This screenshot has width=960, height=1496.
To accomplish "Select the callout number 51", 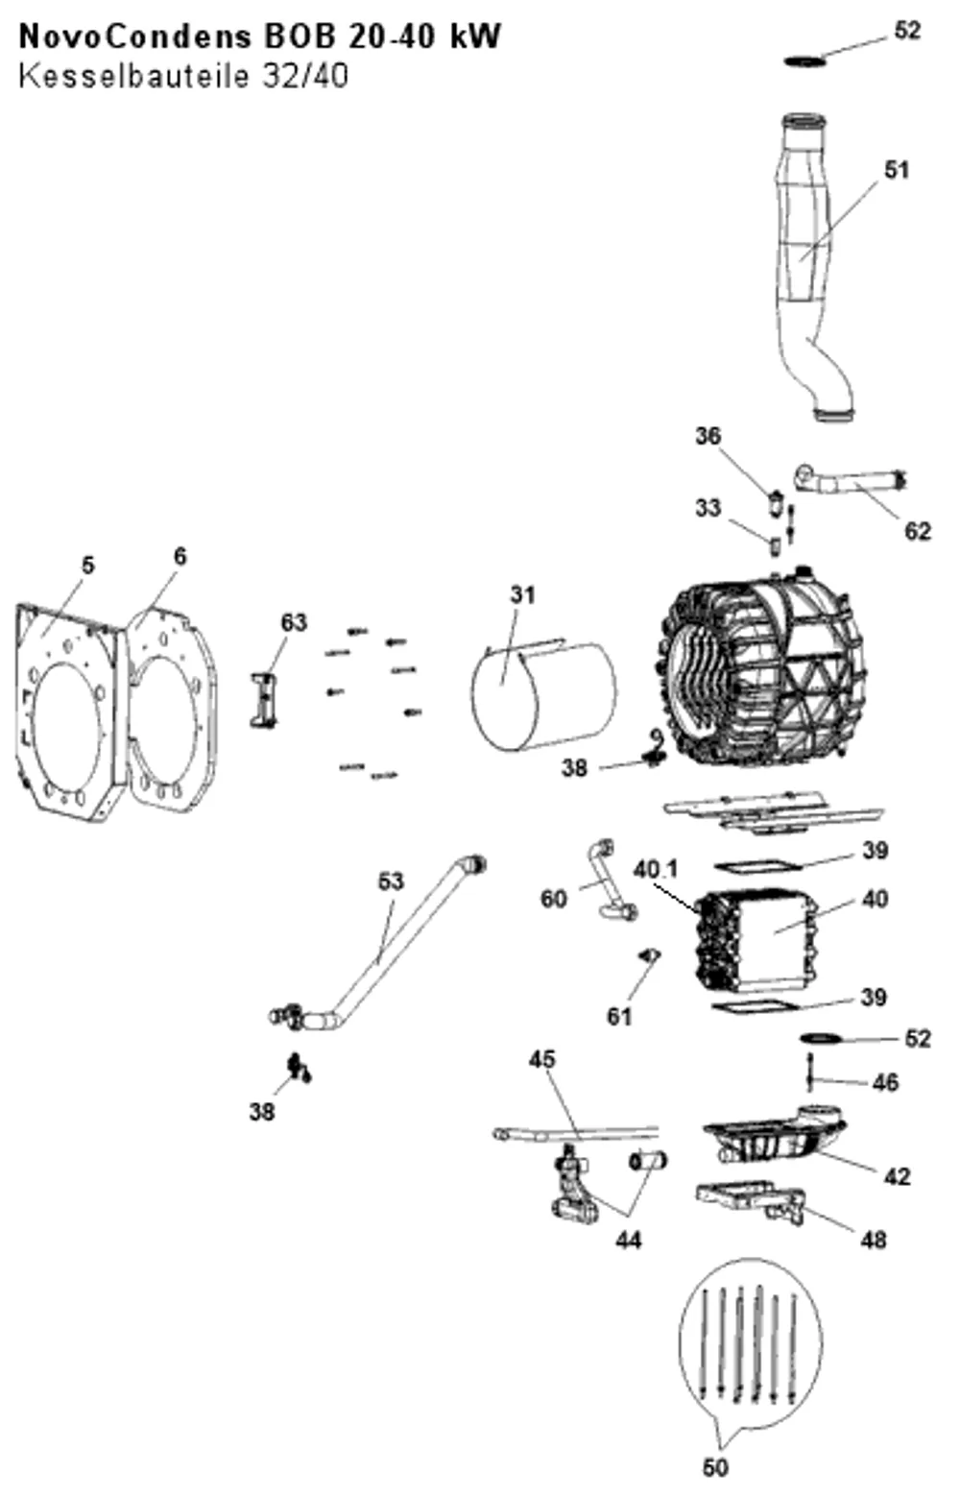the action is pyautogui.click(x=896, y=170).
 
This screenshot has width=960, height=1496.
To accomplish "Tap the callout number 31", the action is pyautogui.click(x=523, y=594).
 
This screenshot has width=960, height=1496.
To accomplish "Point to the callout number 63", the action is pyautogui.click(x=294, y=622).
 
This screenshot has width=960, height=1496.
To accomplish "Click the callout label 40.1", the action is pyautogui.click(x=656, y=869).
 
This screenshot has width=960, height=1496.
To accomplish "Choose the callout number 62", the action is pyautogui.click(x=917, y=531).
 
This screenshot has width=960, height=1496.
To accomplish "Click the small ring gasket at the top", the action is pyautogui.click(x=805, y=61).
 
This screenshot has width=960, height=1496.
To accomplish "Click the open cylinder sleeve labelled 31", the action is pyautogui.click(x=543, y=694).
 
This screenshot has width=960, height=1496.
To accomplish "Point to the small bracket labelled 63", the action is pyautogui.click(x=264, y=700).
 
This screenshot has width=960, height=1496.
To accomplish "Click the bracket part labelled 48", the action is pyautogui.click(x=751, y=1203).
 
